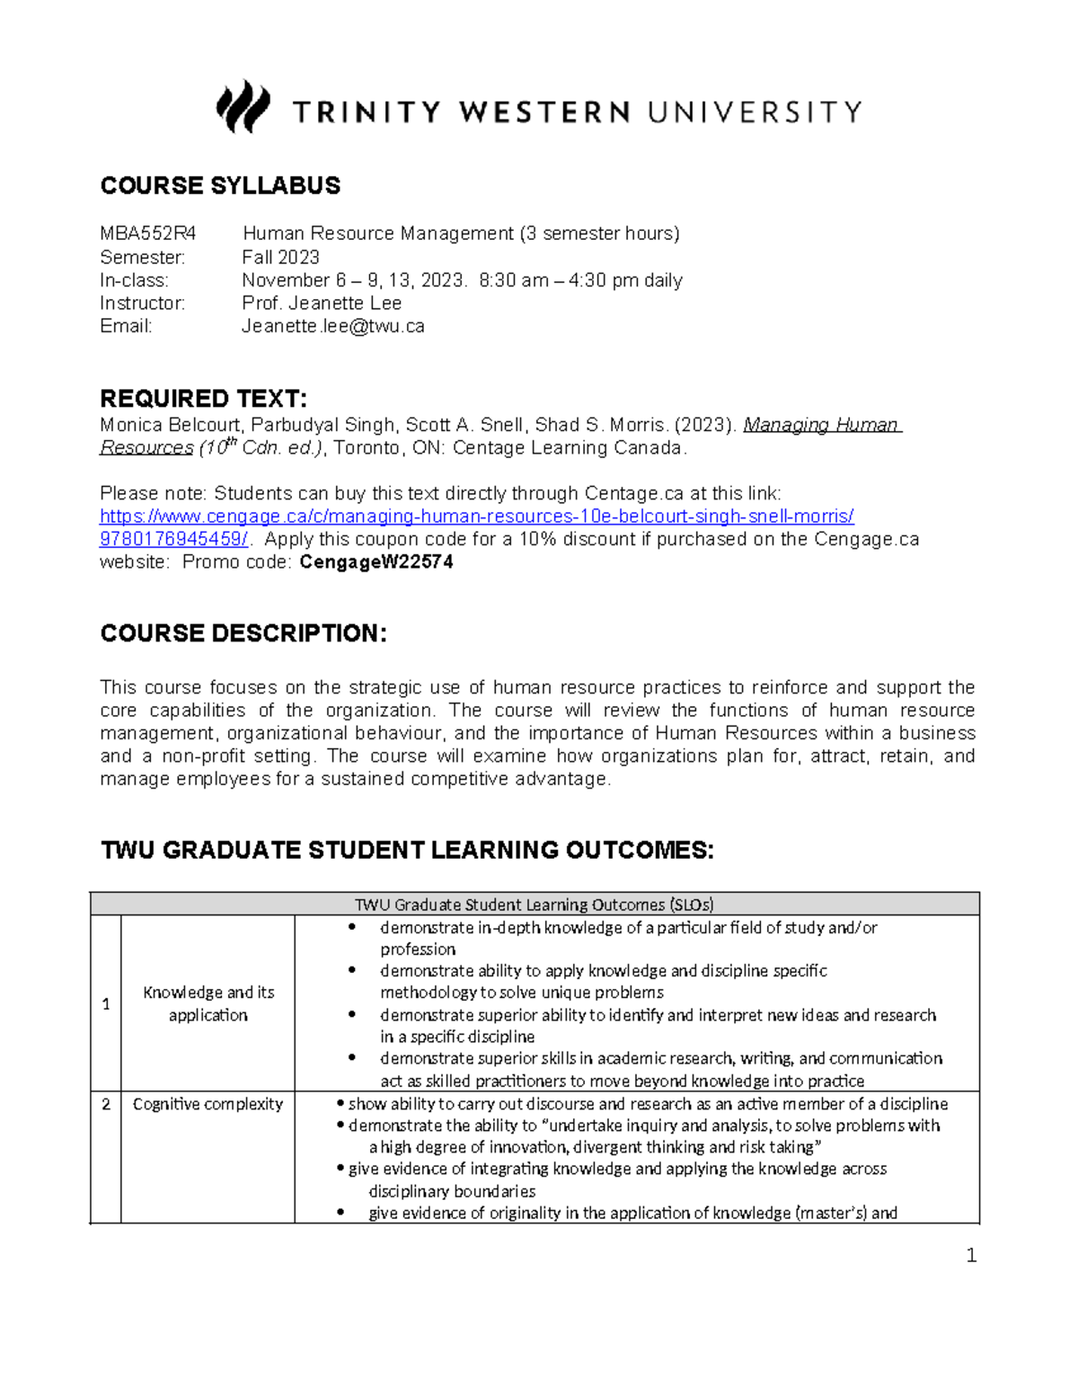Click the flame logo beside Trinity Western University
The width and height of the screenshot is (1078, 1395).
[243, 107]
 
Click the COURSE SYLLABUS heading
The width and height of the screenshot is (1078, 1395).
[220, 186]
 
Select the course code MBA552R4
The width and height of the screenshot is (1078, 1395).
[147, 234]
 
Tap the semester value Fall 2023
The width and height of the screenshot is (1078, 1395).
[280, 258]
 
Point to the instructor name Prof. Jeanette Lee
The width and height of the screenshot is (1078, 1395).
[322, 304]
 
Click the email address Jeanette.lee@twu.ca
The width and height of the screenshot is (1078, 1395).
[332, 327]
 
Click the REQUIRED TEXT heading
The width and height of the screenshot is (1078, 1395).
[203, 399]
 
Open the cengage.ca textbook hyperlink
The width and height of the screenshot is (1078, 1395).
[476, 517]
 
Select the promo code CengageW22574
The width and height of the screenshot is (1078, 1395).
[376, 563]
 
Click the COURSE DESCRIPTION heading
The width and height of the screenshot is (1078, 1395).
[243, 634]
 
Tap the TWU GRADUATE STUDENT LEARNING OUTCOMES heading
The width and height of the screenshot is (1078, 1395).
[407, 850]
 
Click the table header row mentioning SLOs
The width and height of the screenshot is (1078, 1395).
[535, 905]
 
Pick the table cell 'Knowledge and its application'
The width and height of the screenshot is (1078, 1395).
[208, 1003]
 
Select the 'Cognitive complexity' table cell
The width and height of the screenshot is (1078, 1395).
[208, 1104]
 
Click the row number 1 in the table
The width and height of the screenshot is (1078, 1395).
[106, 1003]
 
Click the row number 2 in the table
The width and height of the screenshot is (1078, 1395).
[106, 1104]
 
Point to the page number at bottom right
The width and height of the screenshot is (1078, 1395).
[970, 1256]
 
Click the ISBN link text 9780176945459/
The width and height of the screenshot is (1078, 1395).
[174, 540]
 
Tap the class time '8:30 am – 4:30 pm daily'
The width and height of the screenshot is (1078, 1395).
[580, 280]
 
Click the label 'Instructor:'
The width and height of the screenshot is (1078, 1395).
[142, 304]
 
